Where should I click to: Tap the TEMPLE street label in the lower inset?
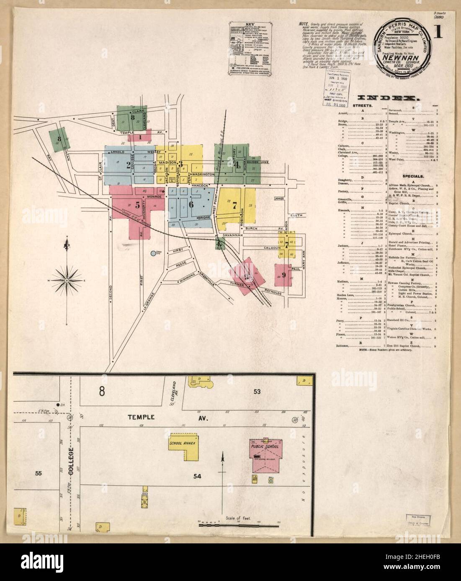141,417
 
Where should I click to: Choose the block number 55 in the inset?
39,473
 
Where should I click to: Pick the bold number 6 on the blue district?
191,204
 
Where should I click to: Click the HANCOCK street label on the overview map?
201,185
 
